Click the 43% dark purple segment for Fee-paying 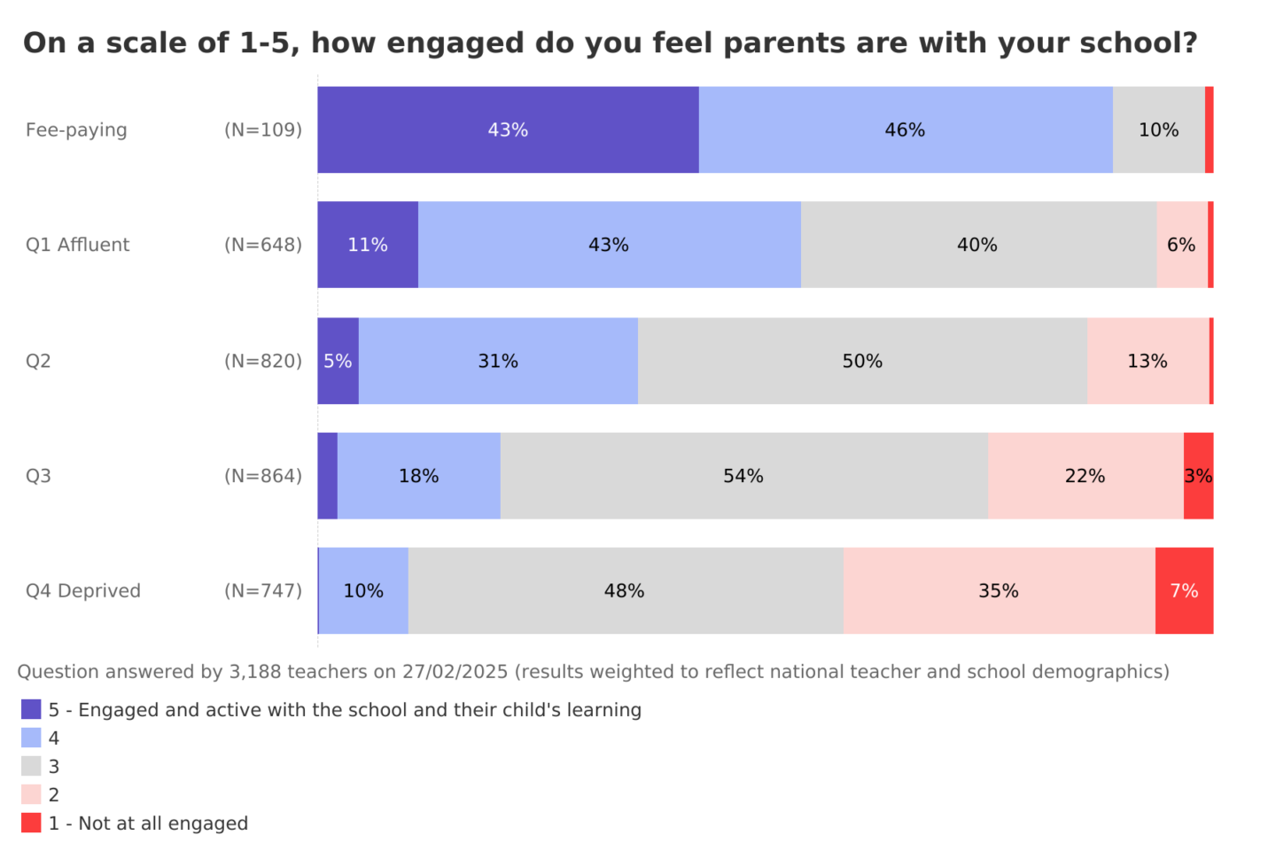point(508,129)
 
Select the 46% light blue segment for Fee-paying point(905,129)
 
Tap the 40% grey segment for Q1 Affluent point(977,245)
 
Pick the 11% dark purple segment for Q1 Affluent point(368,245)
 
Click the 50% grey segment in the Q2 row point(862,361)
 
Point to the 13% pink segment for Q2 point(1148,361)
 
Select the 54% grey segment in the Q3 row point(743,476)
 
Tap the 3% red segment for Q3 point(1198,476)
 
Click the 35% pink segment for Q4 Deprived point(999,590)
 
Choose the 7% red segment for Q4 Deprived point(1184,590)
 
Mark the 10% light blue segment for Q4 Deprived point(363,590)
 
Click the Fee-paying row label point(76,130)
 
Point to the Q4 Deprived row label point(83,591)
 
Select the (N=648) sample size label point(263,246)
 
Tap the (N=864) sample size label point(263,476)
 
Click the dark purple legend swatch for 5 point(31,709)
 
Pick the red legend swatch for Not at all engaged point(31,823)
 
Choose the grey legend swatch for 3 point(31,766)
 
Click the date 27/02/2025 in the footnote point(455,672)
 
